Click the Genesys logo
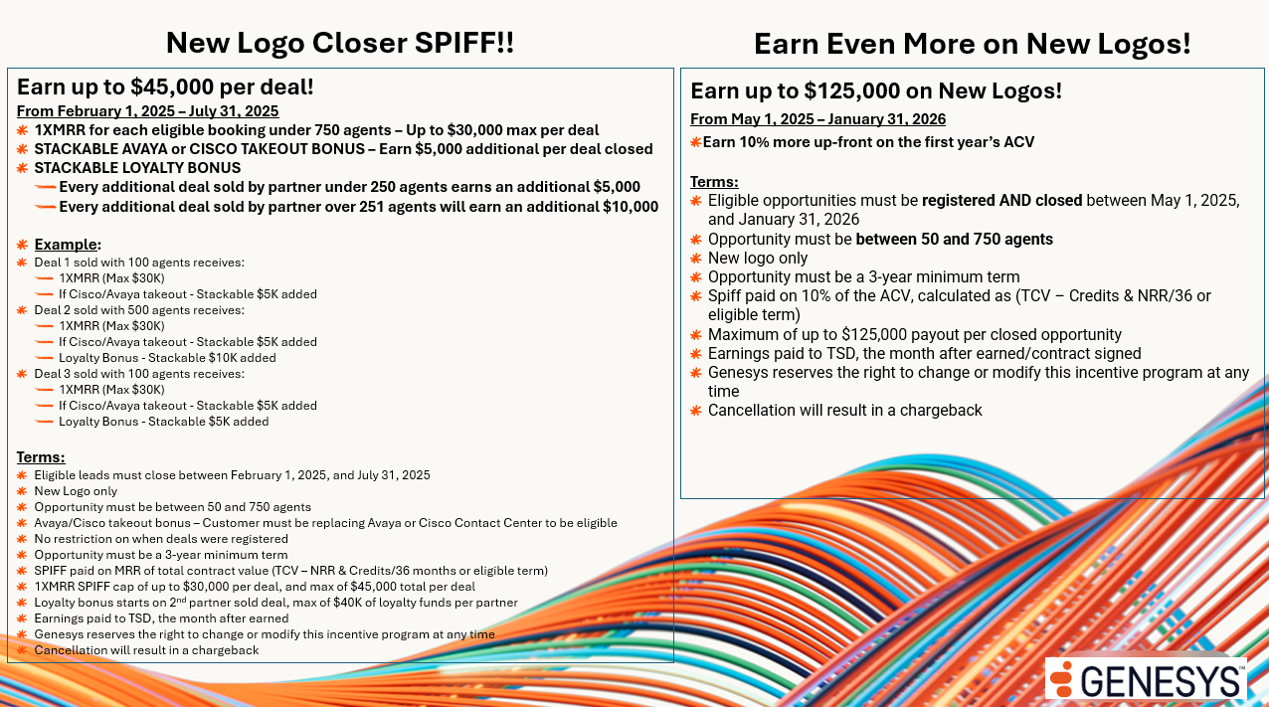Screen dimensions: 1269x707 [x=1146, y=678]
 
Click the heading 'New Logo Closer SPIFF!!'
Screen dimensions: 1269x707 [x=340, y=43]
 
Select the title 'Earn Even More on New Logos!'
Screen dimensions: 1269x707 [x=973, y=44]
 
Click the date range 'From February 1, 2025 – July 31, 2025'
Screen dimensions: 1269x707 [x=148, y=111]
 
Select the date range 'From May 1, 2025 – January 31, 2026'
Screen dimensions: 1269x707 [x=818, y=119]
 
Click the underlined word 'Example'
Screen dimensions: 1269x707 [x=66, y=245]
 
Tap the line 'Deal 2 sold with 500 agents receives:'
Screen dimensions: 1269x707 [x=139, y=310]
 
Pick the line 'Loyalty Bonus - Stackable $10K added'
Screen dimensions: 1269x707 [x=167, y=357]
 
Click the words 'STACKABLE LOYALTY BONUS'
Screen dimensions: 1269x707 [x=137, y=168]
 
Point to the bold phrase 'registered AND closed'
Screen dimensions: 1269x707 [x=1001, y=201]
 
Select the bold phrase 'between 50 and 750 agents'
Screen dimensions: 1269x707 [x=955, y=239]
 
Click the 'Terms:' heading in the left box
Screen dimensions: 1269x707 [x=41, y=457]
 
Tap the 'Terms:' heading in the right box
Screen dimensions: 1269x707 [x=714, y=182]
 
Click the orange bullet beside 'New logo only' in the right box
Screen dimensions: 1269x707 [x=696, y=259]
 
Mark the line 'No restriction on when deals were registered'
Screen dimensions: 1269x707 [x=161, y=539]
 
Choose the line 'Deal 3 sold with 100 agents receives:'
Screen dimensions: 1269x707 [x=139, y=373]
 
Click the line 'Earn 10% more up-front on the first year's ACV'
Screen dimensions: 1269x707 [x=868, y=142]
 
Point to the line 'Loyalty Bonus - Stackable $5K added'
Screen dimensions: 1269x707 [x=164, y=421]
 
